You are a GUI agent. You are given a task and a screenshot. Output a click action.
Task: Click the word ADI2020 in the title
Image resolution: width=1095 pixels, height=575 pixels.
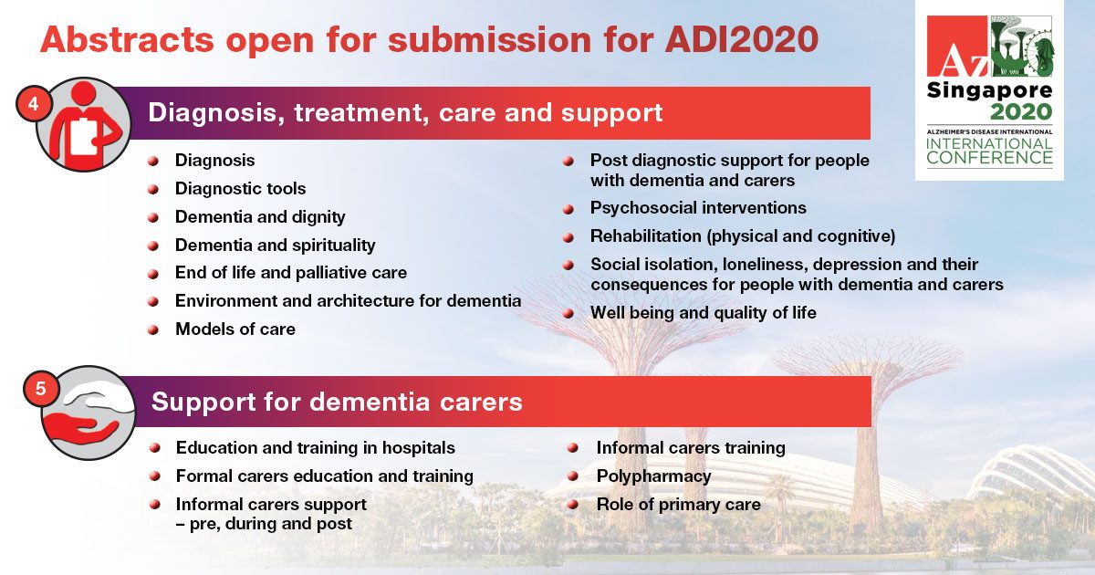pyautogui.click(x=742, y=38)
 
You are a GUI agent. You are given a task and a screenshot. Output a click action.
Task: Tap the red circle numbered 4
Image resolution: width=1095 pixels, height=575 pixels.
pyautogui.click(x=33, y=104)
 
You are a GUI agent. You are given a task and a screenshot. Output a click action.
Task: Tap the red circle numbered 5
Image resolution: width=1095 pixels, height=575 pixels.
pyautogui.click(x=41, y=388)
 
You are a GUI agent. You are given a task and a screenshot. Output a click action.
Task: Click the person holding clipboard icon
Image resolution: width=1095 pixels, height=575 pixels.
pyautogui.click(x=83, y=125)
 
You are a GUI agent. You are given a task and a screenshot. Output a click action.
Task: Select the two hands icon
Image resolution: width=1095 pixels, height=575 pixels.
pyautogui.click(x=88, y=413)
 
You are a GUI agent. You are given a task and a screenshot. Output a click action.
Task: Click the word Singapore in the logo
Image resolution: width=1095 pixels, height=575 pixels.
pyautogui.click(x=989, y=92)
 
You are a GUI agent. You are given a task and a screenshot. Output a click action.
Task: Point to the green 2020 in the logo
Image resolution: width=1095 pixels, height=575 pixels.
pyautogui.click(x=1021, y=112)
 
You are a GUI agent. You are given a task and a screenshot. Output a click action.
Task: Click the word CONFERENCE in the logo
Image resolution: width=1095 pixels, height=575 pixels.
pyautogui.click(x=989, y=157)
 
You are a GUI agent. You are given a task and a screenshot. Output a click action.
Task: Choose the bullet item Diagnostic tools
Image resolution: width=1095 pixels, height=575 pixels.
pyautogui.click(x=241, y=189)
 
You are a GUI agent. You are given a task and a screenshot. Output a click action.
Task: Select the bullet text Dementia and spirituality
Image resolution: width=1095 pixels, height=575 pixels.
pyautogui.click(x=276, y=246)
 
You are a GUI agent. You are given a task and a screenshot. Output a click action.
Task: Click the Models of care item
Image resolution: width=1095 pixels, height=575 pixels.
pyautogui.click(x=235, y=329)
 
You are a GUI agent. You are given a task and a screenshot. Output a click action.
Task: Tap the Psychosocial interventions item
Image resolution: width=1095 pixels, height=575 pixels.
pyautogui.click(x=698, y=208)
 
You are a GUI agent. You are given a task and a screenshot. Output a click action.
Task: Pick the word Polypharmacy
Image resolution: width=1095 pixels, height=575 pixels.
pyautogui.click(x=653, y=476)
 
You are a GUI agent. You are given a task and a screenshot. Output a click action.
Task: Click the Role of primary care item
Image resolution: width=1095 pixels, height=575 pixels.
pyautogui.click(x=679, y=505)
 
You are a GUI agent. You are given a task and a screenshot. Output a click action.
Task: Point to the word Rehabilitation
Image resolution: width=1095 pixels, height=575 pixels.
pyautogui.click(x=646, y=236)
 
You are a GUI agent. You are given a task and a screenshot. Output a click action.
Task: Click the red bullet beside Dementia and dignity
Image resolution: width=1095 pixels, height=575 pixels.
pyautogui.click(x=153, y=217)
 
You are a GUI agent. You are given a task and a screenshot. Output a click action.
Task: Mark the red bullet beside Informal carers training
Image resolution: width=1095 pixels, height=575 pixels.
pyautogui.click(x=573, y=448)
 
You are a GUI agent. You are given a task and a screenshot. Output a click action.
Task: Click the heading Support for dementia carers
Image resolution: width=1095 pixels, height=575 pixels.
pyautogui.click(x=337, y=402)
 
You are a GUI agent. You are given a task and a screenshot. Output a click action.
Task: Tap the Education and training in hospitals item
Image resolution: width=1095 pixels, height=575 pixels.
pyautogui.click(x=316, y=448)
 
